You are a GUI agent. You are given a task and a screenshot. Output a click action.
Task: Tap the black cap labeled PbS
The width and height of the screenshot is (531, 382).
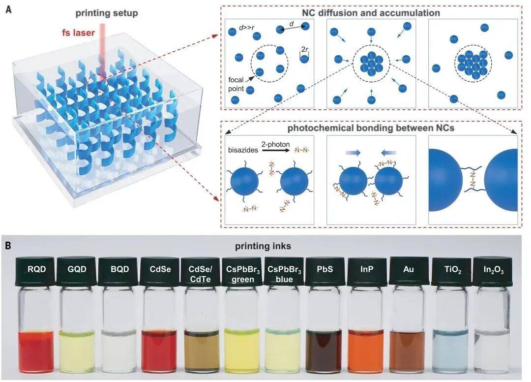(325, 271)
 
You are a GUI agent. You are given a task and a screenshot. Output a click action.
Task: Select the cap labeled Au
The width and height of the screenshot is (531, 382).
(409, 271)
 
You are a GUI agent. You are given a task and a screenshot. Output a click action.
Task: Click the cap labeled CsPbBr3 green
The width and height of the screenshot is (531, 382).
(243, 272)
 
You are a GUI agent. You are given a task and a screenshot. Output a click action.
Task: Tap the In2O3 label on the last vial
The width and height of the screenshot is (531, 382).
(494, 270)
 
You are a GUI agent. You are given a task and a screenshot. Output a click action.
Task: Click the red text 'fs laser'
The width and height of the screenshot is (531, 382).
(78, 32)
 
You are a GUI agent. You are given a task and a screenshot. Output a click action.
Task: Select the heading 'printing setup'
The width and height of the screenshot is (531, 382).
(107, 13)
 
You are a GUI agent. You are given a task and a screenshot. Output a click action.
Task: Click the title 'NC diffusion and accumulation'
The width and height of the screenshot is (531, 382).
(371, 13)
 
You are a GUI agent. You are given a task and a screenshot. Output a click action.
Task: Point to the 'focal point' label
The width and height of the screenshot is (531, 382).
(236, 84)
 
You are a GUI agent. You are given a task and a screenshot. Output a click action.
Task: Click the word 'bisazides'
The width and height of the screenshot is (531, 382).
(243, 150)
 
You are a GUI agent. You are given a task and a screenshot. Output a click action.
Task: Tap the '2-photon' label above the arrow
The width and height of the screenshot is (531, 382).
(276, 144)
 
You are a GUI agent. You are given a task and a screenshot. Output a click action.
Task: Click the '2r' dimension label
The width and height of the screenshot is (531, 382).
(305, 50)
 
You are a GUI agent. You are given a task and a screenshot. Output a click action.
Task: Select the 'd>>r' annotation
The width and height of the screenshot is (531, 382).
(246, 28)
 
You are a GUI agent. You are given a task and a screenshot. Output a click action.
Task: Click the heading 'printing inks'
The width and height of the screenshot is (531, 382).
(263, 246)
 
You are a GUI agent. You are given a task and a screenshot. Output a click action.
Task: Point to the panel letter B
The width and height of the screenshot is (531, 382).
(8, 246)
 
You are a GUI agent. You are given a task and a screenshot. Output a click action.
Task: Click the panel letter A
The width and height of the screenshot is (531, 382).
(8, 9)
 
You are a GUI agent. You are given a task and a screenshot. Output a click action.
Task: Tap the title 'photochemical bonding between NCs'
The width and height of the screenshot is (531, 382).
(371, 128)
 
